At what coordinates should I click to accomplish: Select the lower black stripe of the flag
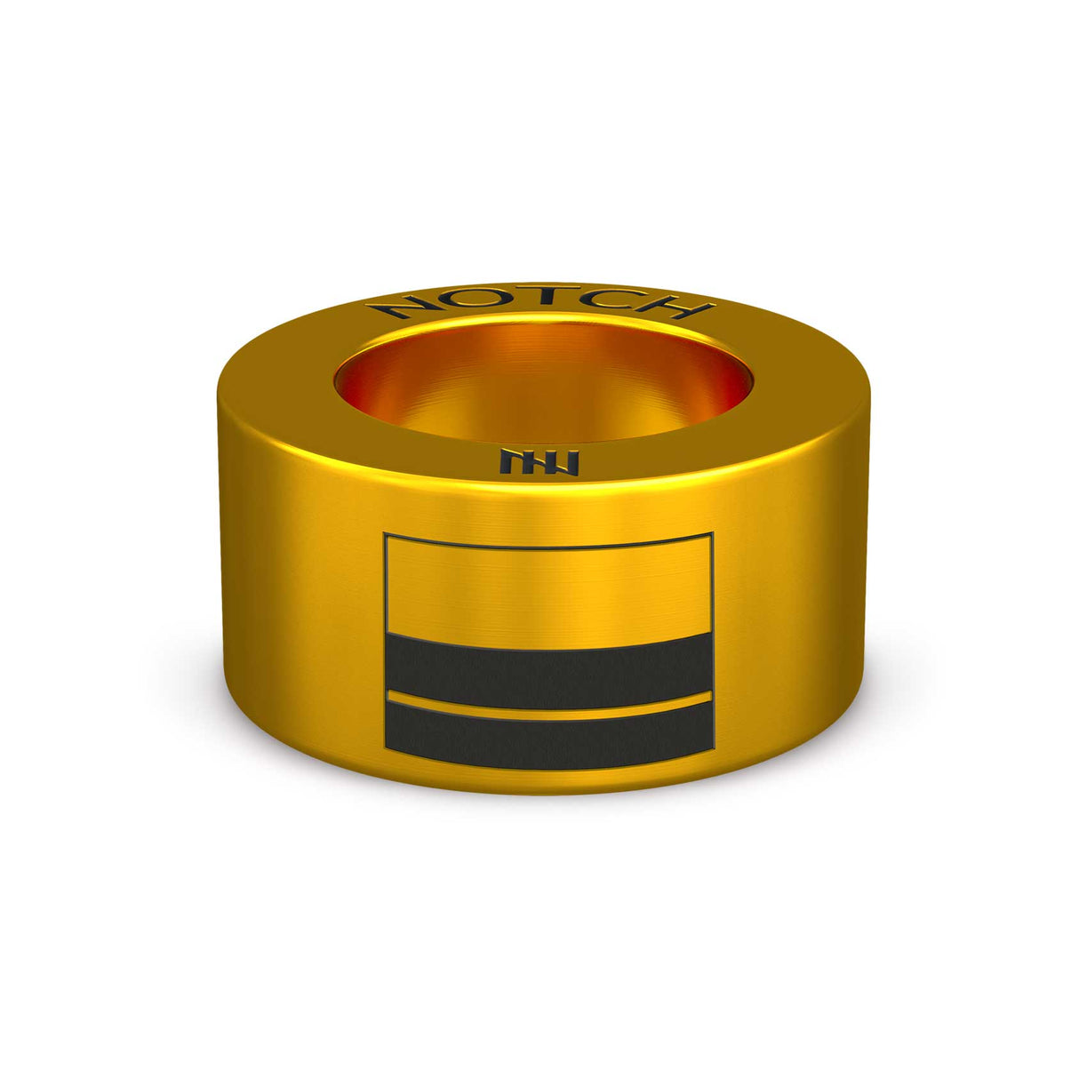pos(548,738)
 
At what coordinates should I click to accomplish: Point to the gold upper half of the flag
pos(548,591)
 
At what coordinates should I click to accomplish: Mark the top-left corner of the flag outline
pos(385,535)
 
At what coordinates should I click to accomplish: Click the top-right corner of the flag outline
pos(713,535)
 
